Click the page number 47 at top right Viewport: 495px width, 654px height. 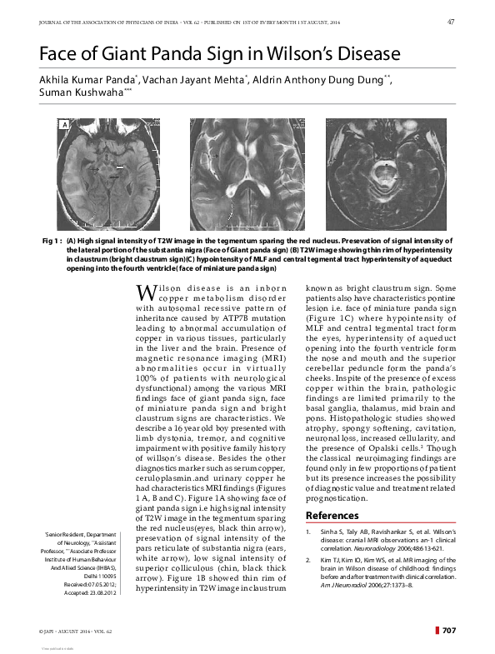[x=450, y=21]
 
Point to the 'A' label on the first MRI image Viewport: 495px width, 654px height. [x=62, y=125]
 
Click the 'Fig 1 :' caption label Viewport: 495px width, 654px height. [x=52, y=240]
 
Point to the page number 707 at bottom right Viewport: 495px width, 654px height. [x=448, y=629]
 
